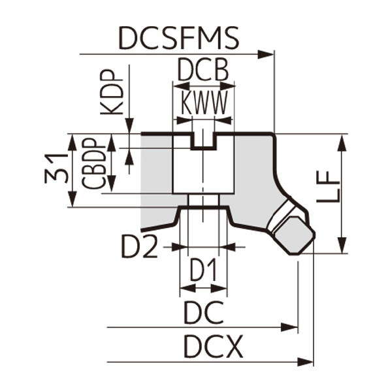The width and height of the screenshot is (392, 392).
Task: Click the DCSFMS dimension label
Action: coord(178,39)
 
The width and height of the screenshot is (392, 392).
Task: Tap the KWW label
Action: coord(204,103)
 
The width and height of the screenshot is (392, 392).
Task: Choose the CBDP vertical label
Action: coord(95,163)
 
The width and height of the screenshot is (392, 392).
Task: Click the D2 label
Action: coord(139,247)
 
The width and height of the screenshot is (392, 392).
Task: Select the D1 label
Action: coord(204,270)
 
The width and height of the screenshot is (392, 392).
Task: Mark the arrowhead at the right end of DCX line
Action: coord(305,361)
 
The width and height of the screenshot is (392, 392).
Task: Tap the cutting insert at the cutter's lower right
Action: coord(291,229)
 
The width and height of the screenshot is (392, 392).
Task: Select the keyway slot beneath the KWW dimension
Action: coord(204,140)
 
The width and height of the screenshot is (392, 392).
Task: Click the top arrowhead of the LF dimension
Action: coord(341,141)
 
